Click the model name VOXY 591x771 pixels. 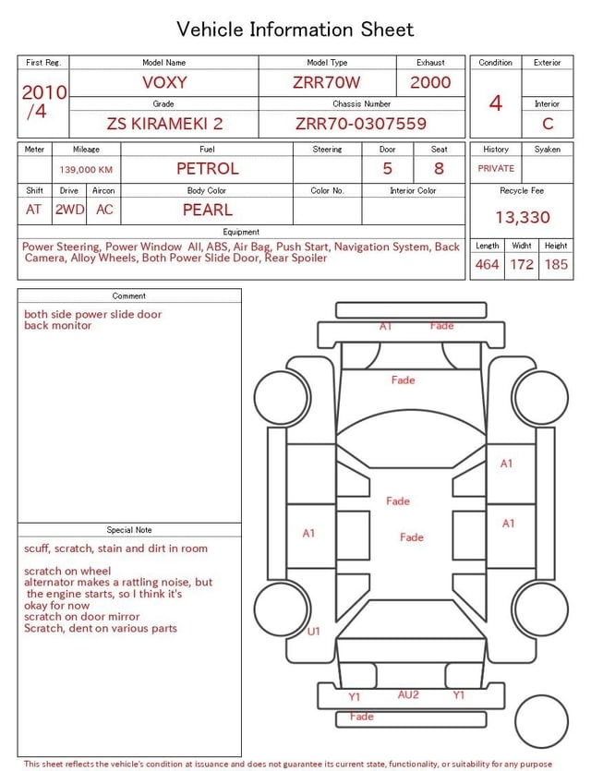(x=164, y=82)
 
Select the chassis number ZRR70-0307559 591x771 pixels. (x=361, y=124)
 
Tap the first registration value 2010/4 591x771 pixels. (x=43, y=102)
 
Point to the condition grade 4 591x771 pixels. (x=496, y=103)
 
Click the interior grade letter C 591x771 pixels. (x=548, y=124)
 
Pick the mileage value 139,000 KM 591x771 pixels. (x=86, y=170)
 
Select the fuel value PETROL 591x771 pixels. (x=208, y=169)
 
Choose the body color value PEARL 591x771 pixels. (x=208, y=210)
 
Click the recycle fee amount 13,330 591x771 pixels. (x=522, y=217)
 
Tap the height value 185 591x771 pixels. (x=556, y=264)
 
